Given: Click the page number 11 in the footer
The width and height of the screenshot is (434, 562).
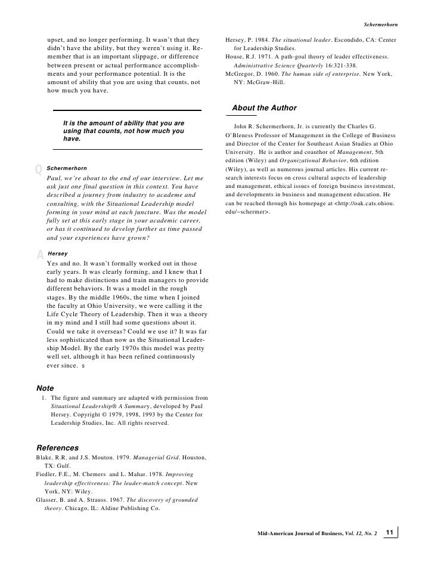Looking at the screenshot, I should point(390,532).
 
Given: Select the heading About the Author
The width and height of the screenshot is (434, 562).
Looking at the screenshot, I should point(264,108).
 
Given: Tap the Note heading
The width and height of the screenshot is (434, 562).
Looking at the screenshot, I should point(45,388).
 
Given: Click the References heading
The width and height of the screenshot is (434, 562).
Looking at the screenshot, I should point(58,447).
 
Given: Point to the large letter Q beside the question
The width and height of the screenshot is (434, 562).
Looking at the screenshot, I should point(39,169).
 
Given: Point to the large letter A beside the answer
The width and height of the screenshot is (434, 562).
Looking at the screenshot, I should point(40,255).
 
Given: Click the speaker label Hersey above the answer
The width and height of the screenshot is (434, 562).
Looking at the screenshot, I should point(58,254).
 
